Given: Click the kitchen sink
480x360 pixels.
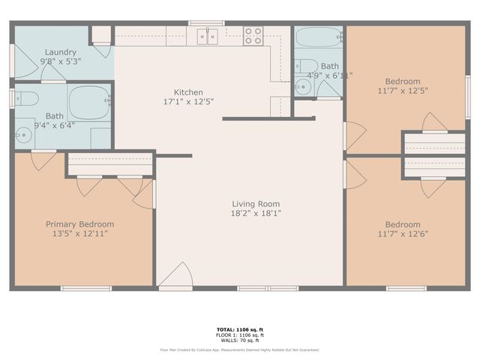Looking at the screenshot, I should [207, 35].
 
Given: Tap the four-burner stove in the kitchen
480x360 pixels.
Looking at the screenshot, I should [253, 35].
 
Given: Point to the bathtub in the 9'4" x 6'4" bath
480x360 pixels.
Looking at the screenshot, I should [90, 102].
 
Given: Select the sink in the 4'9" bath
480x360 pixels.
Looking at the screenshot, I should [304, 85].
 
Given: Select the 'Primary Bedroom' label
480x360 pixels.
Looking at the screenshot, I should [80, 223].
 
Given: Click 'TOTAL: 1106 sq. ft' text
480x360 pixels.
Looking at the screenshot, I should [240, 329].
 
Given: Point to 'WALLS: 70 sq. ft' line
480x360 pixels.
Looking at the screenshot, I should [240, 341].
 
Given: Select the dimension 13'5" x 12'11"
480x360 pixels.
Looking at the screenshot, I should [80, 233].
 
